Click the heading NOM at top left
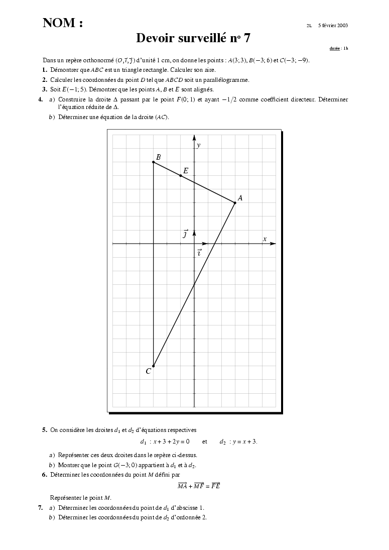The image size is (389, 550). coord(62,23)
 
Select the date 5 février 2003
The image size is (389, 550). coord(333,25)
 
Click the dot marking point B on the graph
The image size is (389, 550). coord(153,162)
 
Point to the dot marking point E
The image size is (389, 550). coord(180,175)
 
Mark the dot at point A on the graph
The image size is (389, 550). coord(235,202)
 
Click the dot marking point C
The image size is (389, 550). coord(153,366)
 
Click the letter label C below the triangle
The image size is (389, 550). coord(148,372)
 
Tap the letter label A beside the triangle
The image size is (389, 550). coord(240,198)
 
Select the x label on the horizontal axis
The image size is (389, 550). coord(265,239)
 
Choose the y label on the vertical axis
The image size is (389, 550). coord(199,145)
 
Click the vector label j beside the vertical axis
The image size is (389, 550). coord(186,234)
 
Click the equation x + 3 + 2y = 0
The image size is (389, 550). coord(168,442)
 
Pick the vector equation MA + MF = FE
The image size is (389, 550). coord(199,486)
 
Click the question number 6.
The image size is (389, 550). coord(45,474)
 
